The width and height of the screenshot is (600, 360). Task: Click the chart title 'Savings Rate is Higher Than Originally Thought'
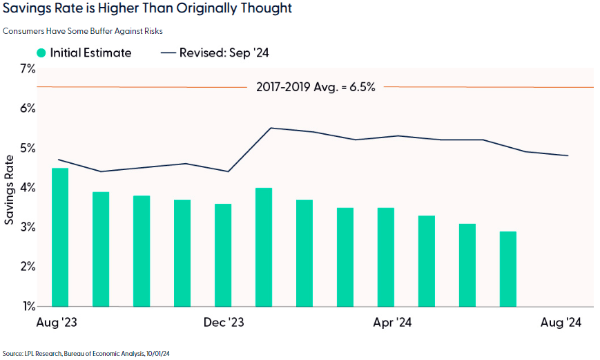tap(146, 9)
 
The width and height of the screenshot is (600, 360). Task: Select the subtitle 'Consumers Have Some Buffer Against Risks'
tap(82, 31)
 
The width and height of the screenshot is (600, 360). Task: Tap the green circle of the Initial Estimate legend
tap(42, 53)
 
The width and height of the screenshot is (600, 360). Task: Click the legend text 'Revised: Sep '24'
tap(224, 53)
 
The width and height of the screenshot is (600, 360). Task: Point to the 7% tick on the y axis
tap(28, 68)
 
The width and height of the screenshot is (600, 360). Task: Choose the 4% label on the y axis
tap(28, 187)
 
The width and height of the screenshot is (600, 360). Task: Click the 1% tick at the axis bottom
tap(28, 306)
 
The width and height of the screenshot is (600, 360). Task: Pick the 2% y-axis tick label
tap(28, 267)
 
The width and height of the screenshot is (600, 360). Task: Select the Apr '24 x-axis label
tap(392, 323)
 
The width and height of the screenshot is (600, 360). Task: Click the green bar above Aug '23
tap(60, 237)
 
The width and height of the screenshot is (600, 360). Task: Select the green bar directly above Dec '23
tap(223, 255)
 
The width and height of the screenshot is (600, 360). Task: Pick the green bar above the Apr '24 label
tap(386, 256)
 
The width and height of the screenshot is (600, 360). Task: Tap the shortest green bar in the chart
tap(508, 269)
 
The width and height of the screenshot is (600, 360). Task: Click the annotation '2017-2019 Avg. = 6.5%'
tap(315, 87)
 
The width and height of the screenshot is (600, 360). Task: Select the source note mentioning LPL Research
tap(86, 353)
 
